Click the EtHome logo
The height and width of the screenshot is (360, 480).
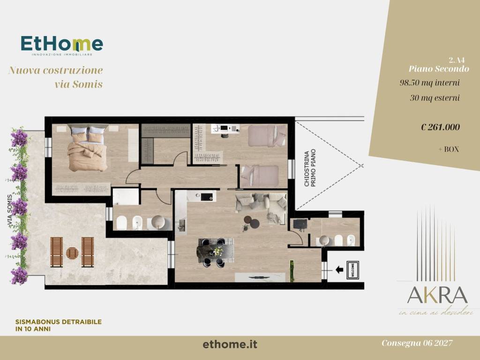pos(61,45)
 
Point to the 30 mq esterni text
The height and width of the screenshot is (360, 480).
pos(434,98)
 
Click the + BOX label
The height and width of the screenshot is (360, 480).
pos(449,149)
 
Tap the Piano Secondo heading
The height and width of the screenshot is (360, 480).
pos(438,68)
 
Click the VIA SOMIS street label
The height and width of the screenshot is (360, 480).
pos(10,211)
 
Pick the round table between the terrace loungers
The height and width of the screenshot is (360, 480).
pos(72,253)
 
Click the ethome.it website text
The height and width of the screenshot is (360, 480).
pos(230,345)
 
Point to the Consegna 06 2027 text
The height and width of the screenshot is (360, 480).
pos(417,343)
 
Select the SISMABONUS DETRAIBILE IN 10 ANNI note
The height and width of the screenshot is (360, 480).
pos(58,325)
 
